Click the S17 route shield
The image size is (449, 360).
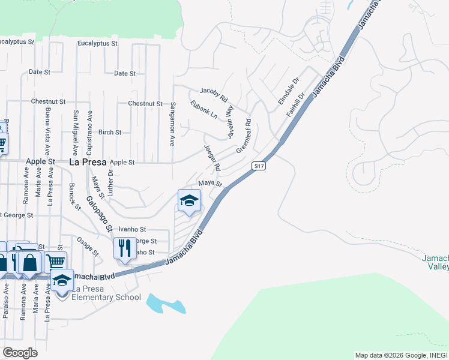259,166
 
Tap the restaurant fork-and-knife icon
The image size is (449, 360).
125,248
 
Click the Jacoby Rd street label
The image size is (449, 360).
214,94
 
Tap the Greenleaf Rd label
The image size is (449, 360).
243,135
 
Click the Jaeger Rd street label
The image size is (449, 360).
212,157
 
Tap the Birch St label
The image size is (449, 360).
110,132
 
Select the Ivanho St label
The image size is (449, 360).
133,229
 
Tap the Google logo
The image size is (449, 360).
20,352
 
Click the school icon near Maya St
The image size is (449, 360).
189,202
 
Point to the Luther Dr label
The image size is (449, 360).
110,181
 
